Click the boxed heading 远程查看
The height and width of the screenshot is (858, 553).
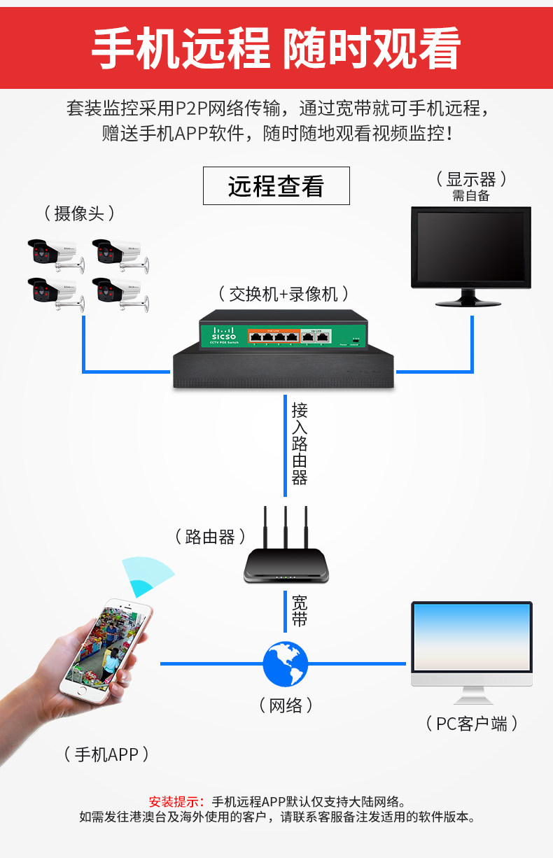[x=276, y=186]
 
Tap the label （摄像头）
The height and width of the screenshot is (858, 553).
[x=79, y=213]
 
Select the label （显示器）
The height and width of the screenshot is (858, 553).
[x=471, y=179]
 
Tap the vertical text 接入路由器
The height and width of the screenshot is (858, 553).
[x=300, y=444]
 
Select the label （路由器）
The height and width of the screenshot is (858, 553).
[x=210, y=537]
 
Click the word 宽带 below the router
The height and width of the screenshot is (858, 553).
[x=300, y=610]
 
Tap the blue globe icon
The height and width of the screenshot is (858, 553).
[x=286, y=663]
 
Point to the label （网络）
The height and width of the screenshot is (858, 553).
[x=286, y=705]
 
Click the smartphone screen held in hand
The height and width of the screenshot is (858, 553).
[x=106, y=645]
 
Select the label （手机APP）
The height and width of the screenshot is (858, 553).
[x=106, y=754]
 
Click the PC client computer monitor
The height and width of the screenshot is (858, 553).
[x=471, y=638]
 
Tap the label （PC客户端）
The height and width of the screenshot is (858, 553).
[x=472, y=723]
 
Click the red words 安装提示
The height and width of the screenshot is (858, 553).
[x=176, y=801]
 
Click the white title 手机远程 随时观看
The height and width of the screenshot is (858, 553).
[x=276, y=49]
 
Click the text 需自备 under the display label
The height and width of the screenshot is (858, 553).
[x=471, y=196]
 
